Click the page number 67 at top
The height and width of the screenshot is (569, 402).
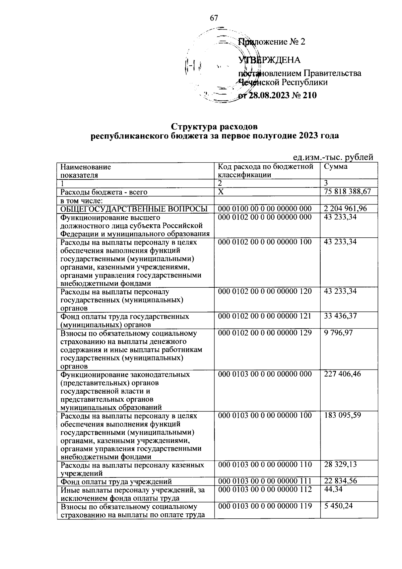[x=214, y=18]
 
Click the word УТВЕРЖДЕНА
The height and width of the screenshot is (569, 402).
[x=269, y=60]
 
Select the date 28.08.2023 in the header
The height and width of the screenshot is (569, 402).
[x=270, y=96]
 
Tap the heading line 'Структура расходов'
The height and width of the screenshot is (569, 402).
[x=215, y=127]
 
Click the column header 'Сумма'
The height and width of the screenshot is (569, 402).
[x=336, y=167]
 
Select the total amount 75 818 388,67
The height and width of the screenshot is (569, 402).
[x=347, y=192]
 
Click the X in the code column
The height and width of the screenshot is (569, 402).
[x=220, y=192]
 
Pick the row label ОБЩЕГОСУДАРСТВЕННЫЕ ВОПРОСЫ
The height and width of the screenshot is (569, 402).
[x=134, y=209]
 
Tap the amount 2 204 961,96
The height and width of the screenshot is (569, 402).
[x=345, y=209]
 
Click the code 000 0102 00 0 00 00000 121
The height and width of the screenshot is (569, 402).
[x=265, y=316]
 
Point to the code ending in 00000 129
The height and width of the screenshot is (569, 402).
[x=265, y=333]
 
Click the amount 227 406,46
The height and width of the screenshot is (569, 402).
[x=342, y=374]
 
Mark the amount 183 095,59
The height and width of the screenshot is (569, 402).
[x=342, y=415]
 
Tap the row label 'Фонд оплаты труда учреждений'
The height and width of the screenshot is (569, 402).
[x=116, y=481]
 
